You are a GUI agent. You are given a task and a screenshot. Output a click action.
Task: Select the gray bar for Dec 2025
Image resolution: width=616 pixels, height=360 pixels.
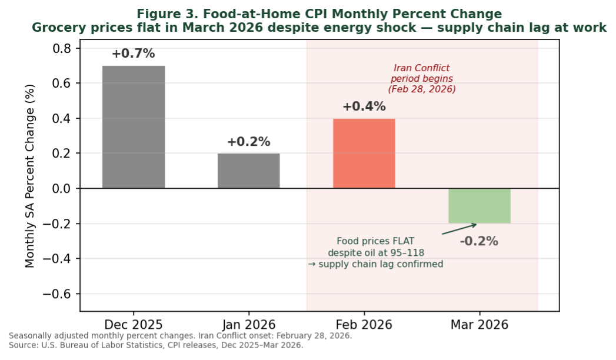(134, 127)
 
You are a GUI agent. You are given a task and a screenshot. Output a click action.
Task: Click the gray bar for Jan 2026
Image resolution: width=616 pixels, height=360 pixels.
(248, 171)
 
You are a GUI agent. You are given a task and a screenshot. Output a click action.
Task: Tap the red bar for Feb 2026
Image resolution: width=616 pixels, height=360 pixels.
(364, 154)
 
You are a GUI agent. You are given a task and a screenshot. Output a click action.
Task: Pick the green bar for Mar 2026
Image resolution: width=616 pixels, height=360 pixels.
(479, 206)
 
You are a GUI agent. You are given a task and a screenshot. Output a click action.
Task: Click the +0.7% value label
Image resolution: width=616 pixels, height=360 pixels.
(133, 54)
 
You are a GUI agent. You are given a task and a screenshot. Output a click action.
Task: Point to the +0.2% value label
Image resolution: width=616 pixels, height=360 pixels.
(248, 142)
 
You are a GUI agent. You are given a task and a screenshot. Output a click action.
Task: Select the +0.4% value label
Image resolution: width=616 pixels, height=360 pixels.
(364, 106)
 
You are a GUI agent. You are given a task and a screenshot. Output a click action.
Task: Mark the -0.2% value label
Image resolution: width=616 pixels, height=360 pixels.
(479, 241)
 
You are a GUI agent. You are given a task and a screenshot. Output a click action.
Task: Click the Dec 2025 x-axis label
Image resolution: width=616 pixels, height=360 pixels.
(134, 325)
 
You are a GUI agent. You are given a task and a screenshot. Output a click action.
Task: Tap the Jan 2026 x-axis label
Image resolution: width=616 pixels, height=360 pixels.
(248, 325)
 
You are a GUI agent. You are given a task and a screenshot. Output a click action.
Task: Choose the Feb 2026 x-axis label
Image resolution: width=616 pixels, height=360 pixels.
(364, 325)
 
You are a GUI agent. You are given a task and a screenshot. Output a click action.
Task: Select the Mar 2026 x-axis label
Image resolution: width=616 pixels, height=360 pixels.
(479, 325)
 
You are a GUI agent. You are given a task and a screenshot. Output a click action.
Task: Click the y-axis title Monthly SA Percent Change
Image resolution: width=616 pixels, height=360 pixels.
(31, 175)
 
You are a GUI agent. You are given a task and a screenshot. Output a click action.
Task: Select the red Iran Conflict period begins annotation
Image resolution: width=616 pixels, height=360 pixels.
(421, 79)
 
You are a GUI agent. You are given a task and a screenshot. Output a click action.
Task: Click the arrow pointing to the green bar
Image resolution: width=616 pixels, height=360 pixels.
(459, 229)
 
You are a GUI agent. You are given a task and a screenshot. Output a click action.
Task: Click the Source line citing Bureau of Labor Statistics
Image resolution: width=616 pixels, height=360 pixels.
(156, 345)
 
